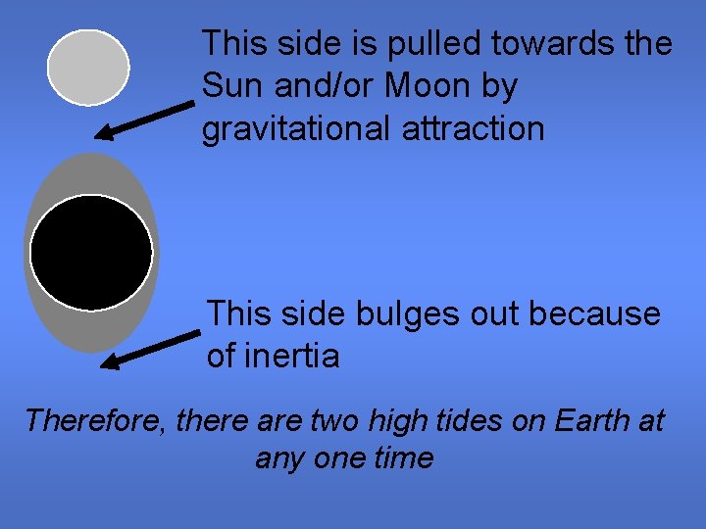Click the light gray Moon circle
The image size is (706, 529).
(88, 67)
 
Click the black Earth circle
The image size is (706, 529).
(91, 252)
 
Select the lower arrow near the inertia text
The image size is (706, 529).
(151, 350)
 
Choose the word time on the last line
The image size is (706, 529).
(403, 457)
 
